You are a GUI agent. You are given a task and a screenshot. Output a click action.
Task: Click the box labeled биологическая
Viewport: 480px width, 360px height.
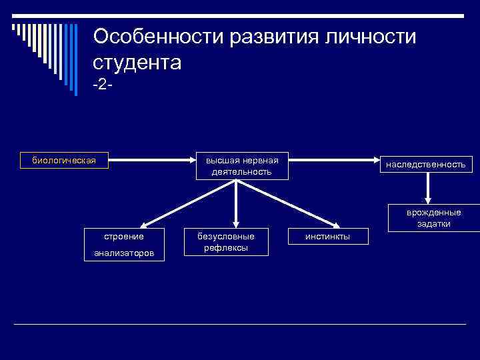[x=64, y=160]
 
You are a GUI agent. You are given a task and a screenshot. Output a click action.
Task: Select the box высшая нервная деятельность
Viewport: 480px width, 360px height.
[x=241, y=166]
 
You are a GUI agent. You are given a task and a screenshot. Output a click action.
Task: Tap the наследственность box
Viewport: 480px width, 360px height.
[x=425, y=164]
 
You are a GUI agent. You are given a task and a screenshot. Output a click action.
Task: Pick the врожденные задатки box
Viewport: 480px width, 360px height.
[x=434, y=217]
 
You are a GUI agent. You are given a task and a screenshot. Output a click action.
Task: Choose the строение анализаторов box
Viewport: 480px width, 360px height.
[x=124, y=244]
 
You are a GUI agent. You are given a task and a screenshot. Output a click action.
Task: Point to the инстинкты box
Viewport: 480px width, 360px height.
[x=327, y=237]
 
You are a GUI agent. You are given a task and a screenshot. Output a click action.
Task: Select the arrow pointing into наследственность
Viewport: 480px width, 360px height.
[x=333, y=160]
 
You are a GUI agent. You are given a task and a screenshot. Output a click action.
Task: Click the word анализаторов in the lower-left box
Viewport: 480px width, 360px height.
[x=124, y=253]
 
